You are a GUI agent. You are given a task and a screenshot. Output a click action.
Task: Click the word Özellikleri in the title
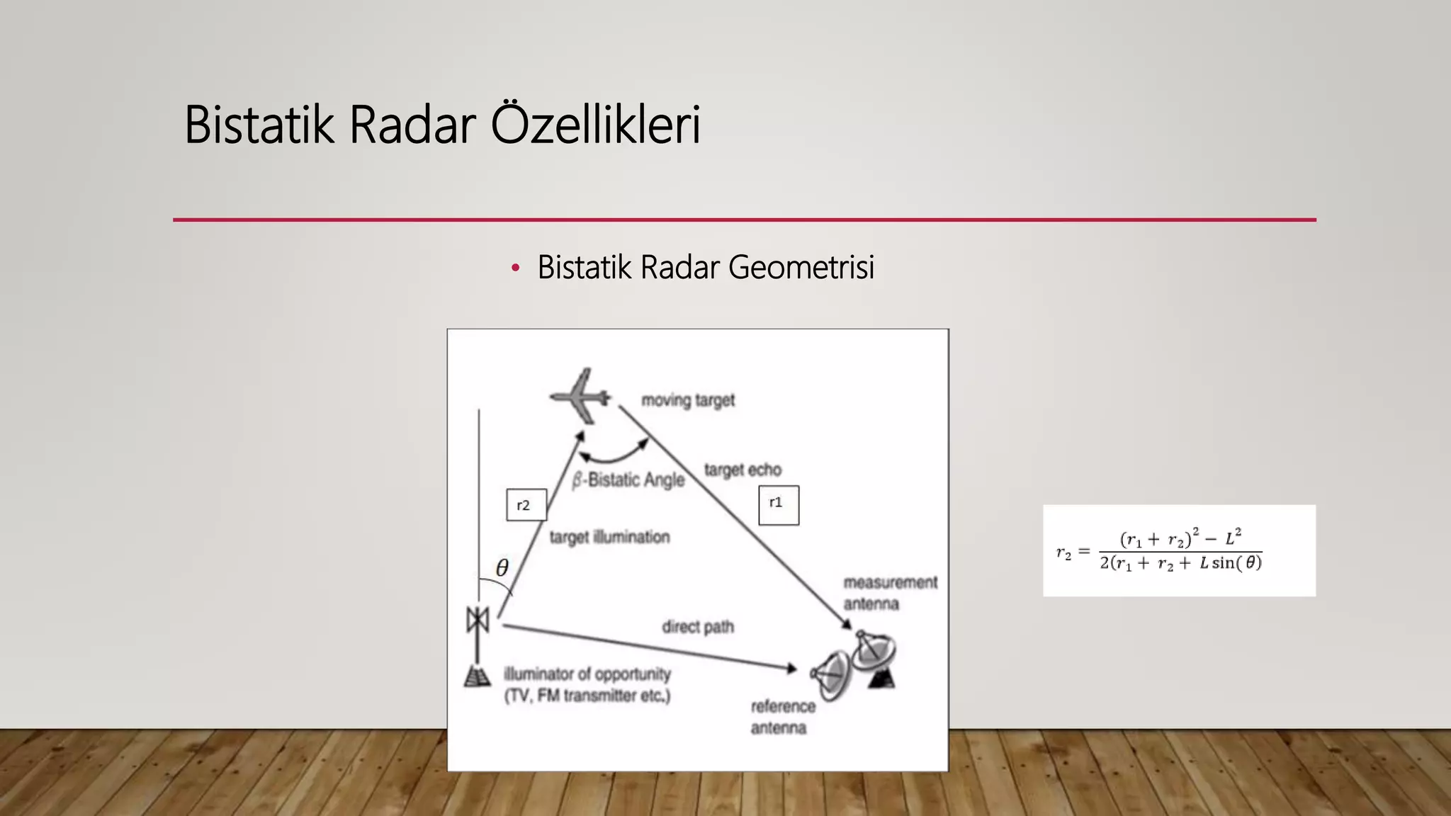(595, 125)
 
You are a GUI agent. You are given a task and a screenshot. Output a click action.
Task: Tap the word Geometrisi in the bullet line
(801, 268)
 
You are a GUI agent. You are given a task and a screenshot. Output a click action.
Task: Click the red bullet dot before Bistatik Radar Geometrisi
(515, 268)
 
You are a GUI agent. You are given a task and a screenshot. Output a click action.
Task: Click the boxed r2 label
(526, 505)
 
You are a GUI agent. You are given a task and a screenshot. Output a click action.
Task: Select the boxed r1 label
(778, 504)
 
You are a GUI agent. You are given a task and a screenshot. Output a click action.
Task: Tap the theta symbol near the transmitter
(502, 568)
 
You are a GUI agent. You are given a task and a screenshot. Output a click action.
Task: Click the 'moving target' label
(687, 401)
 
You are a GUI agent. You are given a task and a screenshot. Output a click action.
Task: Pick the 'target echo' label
(743, 470)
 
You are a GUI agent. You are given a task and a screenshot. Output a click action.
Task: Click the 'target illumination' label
(609, 538)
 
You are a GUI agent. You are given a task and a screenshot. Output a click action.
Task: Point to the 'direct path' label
(698, 627)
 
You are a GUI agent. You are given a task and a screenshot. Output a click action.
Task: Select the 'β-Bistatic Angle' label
(628, 480)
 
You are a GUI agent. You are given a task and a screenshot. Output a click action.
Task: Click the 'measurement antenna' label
(889, 593)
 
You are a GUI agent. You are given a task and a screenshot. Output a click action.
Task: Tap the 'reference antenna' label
(782, 717)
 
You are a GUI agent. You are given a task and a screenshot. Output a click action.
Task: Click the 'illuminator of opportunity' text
(587, 674)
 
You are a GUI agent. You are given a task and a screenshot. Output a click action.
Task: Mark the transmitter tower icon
(478, 645)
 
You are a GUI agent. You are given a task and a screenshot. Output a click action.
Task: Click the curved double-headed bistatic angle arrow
(614, 454)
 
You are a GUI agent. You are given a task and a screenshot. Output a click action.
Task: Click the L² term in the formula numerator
(1233, 538)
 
